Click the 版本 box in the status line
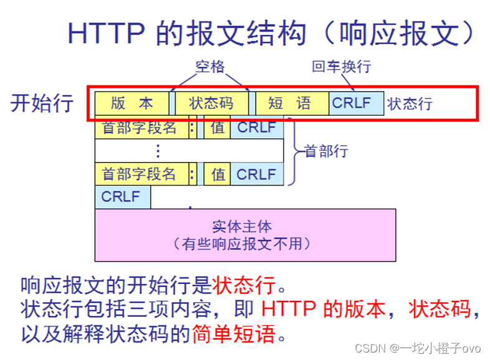132,103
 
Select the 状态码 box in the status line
211,103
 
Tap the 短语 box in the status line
291,103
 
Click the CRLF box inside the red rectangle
356,103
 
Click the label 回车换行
342,67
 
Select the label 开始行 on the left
42,103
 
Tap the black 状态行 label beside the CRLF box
410,103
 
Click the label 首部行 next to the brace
326,151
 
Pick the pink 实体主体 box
246,234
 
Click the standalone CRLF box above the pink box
122,197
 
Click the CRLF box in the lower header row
256,174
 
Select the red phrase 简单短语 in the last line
234,334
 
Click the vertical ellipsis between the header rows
158,151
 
